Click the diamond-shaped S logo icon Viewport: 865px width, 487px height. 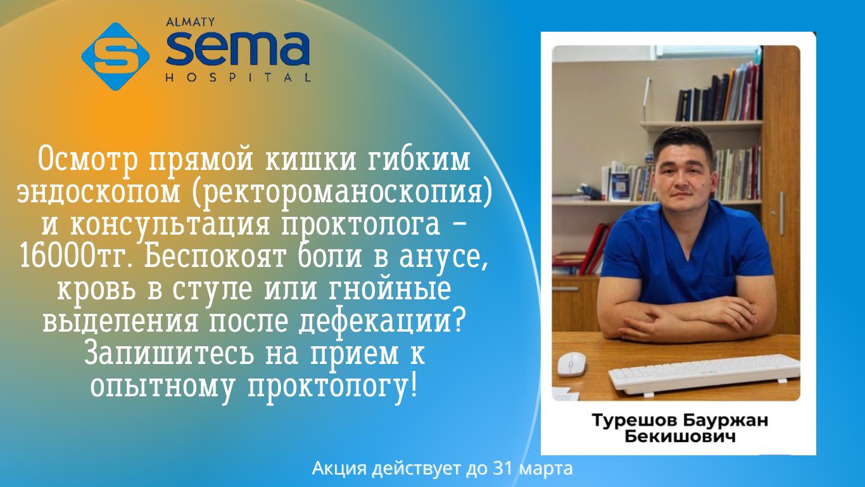coord(115,56)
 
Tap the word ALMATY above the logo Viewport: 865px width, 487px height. coord(191,22)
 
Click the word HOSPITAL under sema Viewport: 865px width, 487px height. coord(238,77)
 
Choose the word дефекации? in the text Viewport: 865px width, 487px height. coord(381,321)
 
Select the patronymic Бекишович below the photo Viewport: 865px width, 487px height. coord(680,437)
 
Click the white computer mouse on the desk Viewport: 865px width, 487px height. coord(572,365)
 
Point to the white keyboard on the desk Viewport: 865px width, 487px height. coord(704,373)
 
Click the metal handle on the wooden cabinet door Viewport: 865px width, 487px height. coord(782,213)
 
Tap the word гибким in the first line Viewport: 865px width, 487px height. coord(418,159)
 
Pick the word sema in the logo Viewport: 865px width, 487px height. coord(238,49)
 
